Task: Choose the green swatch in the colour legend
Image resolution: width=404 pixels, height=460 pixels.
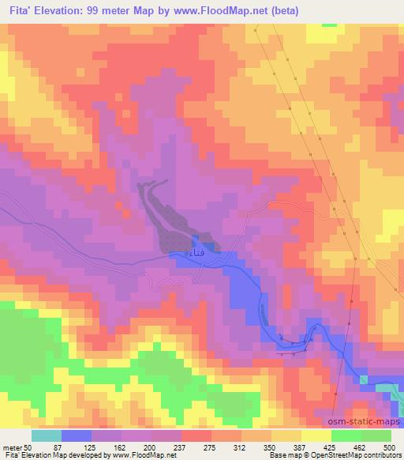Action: click(376, 435)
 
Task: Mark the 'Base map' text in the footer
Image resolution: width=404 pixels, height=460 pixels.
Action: click(282, 456)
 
